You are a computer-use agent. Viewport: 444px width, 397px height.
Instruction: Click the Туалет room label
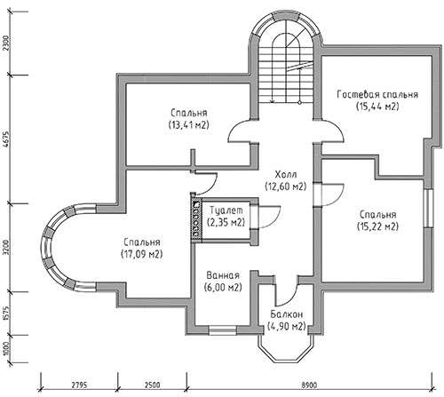[x=226, y=210]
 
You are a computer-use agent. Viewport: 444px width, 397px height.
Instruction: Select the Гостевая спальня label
[x=377, y=94]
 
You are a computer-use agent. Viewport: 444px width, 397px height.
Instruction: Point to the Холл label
[x=286, y=174]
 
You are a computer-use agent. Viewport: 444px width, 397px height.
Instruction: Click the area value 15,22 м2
[x=377, y=226]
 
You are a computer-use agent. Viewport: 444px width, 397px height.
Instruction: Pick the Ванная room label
[x=223, y=275]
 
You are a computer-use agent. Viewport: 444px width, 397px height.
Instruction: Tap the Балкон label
[x=286, y=314]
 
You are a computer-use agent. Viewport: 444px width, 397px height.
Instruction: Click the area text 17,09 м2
[x=142, y=254]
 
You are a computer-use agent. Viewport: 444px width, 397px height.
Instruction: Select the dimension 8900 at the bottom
[x=309, y=385]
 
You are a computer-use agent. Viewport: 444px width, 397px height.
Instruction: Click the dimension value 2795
[x=79, y=385]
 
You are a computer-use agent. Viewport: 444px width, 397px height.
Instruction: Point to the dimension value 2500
[x=152, y=385]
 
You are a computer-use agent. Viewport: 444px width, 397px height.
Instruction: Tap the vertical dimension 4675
[x=7, y=139]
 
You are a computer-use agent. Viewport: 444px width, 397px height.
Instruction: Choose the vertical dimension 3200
[x=7, y=248]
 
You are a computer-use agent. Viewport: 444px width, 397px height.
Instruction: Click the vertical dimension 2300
[x=7, y=44]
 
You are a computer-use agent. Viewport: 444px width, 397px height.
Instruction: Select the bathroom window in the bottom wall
[x=223, y=330]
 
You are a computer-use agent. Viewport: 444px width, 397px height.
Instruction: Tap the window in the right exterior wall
[x=428, y=208]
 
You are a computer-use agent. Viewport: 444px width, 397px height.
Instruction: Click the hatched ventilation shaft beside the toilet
[x=196, y=219]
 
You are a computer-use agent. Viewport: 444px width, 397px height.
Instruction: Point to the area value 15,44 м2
[x=377, y=106]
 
